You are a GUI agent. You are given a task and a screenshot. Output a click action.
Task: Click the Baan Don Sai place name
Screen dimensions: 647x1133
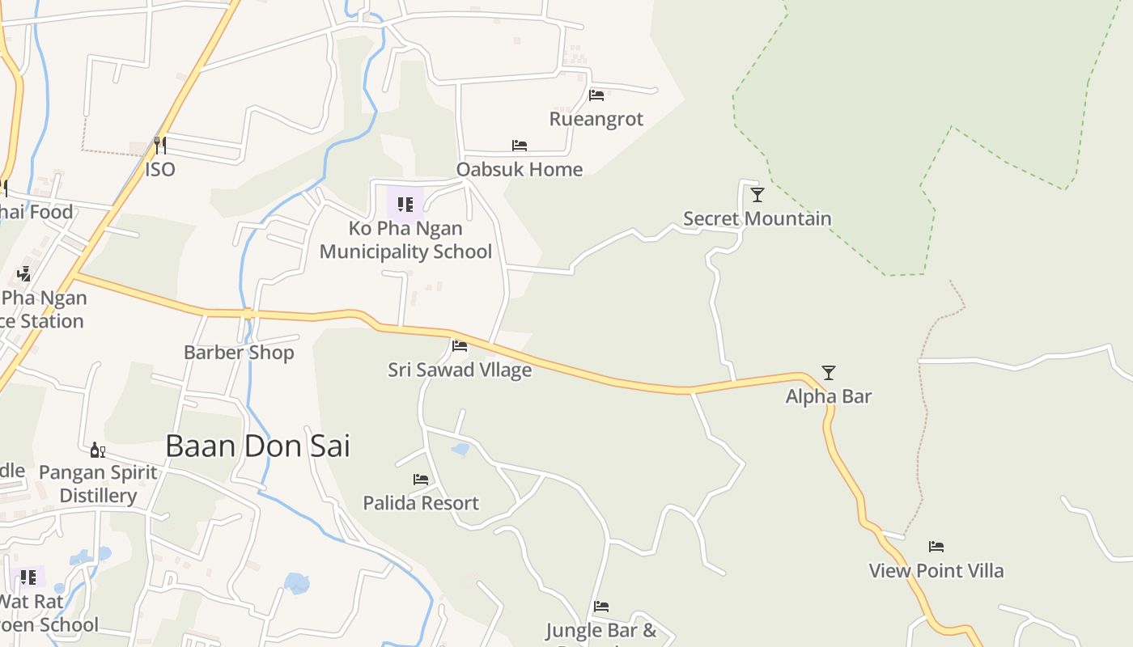(257, 446)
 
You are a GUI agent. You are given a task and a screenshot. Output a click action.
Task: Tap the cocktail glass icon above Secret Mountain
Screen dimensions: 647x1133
(757, 195)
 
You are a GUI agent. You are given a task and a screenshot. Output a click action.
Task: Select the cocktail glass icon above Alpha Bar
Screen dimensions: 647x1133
(829, 373)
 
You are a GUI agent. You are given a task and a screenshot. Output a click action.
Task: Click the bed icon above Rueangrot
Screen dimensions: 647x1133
(596, 95)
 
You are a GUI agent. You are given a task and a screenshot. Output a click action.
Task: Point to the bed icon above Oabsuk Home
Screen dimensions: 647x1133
(520, 146)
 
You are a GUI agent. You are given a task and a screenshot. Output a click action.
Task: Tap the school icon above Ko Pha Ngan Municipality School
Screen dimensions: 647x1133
(405, 204)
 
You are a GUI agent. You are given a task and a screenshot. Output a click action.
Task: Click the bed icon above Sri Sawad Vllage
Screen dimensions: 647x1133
(460, 346)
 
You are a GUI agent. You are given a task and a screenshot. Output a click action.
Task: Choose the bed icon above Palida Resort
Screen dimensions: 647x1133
(421, 480)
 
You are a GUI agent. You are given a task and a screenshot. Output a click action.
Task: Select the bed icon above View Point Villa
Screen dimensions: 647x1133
(936, 547)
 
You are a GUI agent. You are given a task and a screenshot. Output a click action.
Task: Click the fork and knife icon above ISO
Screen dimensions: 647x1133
(160, 146)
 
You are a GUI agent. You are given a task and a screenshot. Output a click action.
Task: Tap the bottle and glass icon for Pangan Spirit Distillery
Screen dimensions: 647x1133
(98, 450)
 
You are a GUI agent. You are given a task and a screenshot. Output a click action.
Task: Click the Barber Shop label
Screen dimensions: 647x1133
(239, 353)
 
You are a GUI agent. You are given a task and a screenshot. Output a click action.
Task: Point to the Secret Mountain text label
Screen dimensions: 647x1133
(757, 218)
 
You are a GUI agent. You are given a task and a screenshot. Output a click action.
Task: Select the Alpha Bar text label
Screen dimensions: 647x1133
(829, 396)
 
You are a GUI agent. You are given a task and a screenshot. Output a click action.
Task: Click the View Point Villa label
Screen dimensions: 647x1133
(936, 570)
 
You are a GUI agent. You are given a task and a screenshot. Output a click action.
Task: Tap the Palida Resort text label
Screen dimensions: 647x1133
(421, 503)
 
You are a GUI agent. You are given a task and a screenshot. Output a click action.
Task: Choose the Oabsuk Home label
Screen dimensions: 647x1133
(520, 169)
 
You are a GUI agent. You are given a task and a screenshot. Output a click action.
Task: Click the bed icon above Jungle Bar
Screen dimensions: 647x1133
(600, 606)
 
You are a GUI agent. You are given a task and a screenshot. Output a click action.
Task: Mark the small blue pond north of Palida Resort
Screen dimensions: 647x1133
(460, 449)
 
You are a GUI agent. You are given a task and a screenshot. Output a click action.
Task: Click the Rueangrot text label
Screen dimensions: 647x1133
(596, 119)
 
